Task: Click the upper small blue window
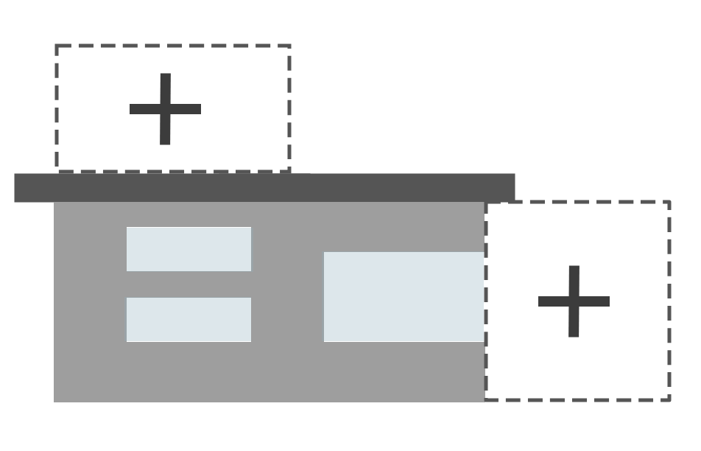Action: tap(189, 249)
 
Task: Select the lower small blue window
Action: tap(189, 319)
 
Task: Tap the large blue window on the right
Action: tap(404, 296)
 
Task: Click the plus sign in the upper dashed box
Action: tap(165, 109)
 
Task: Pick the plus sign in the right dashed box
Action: tap(574, 301)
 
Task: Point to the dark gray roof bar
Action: tap(264, 188)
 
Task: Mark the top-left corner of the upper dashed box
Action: tap(57, 46)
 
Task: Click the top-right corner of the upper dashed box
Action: tap(289, 46)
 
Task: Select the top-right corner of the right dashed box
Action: tap(669, 201)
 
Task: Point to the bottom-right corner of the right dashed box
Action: tap(669, 399)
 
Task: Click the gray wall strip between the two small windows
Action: tap(189, 284)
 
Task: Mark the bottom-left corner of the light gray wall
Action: tap(55, 400)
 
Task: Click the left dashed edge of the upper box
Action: tap(57, 108)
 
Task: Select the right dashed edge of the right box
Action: tap(669, 301)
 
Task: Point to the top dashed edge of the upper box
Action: tap(173, 46)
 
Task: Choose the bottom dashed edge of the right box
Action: tap(577, 399)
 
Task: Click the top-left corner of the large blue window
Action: tap(325, 253)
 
